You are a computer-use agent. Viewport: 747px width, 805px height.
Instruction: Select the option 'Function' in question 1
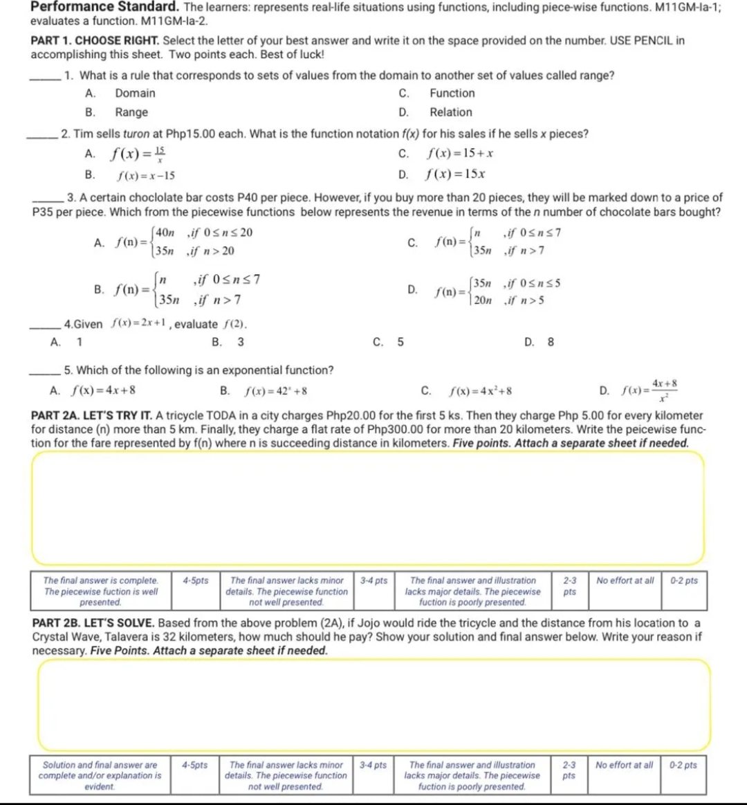[x=452, y=93]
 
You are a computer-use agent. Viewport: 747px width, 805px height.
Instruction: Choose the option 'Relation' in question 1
[x=450, y=112]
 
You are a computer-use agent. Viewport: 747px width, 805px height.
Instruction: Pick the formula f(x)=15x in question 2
[x=454, y=174]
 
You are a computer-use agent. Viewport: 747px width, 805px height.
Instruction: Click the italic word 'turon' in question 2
[x=136, y=134]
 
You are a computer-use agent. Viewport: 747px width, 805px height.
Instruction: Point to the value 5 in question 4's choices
[x=400, y=342]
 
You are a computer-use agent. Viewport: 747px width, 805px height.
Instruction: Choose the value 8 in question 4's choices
[x=551, y=342]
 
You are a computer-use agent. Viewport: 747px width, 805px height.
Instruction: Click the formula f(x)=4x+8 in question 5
[x=103, y=390]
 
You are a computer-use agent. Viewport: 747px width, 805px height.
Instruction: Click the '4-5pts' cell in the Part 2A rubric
[x=195, y=581]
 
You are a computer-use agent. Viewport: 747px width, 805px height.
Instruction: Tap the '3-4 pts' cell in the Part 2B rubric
[x=373, y=765]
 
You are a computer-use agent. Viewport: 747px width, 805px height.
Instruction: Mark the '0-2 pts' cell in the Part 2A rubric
[x=684, y=581]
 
